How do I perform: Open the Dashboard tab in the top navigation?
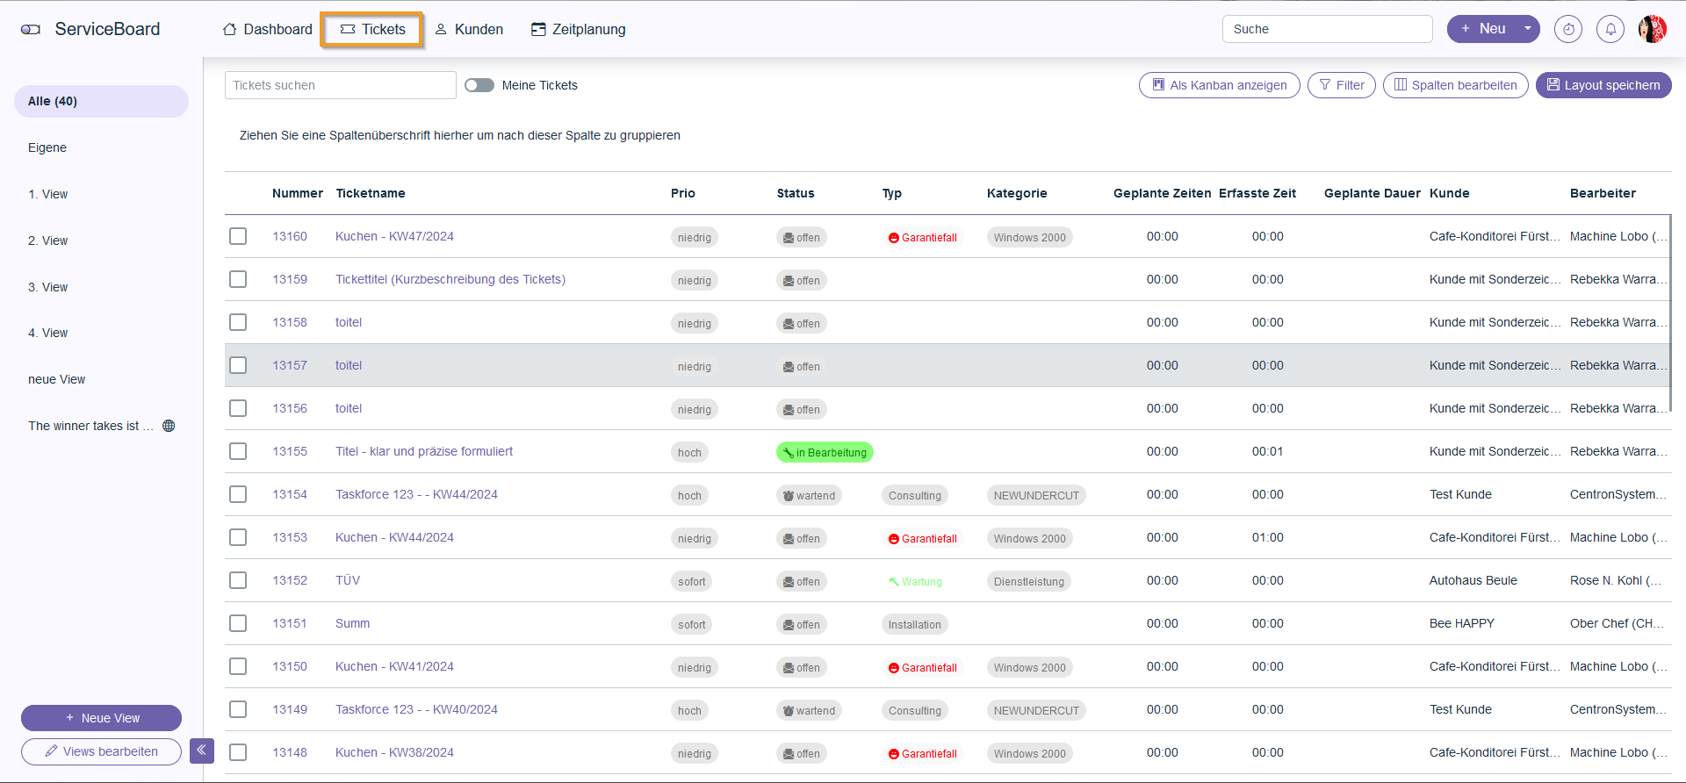coord(268,29)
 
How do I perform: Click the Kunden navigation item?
coord(469,29)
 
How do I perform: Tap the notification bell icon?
coord(1610,29)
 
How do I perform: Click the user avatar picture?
coord(1652,29)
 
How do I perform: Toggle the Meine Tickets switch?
coord(479,85)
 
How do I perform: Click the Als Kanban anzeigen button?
coord(1219,85)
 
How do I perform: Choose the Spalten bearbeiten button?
coord(1455,85)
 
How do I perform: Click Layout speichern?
coord(1603,85)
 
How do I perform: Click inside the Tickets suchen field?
coord(340,85)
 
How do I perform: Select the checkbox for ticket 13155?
coord(238,451)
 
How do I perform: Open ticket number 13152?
coord(290,580)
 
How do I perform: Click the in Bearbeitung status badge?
coord(825,452)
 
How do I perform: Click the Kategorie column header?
coord(1016,193)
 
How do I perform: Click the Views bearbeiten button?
coord(101,751)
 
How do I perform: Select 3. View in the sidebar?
coord(47,287)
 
